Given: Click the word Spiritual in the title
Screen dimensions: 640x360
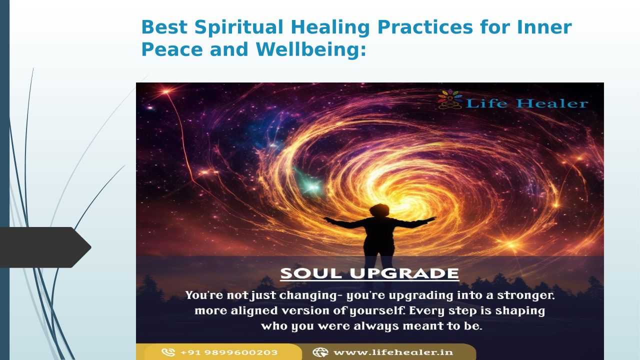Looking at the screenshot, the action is coord(239,27).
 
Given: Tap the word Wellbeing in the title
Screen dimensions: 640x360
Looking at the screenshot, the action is coord(311,49).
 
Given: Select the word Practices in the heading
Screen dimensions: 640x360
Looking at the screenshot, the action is coord(425,27).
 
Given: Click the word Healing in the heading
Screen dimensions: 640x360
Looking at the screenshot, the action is coord(330,27).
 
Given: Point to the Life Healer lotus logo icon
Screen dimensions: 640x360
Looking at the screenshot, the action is coord(450,99).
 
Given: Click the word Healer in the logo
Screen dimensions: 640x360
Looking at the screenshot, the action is coord(552,103).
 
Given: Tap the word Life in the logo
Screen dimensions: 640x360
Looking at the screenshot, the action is coord(486,103).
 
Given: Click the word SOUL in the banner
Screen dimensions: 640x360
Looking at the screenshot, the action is coord(311,273).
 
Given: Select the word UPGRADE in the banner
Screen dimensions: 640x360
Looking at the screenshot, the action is coord(404,273).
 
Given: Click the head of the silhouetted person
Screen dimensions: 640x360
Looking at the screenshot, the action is coord(379,210).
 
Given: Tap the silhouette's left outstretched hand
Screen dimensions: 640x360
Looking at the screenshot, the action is coord(327,219).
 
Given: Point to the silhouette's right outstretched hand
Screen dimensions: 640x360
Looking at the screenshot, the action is coord(431,219).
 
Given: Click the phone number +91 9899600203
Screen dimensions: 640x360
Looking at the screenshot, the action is coord(229,352).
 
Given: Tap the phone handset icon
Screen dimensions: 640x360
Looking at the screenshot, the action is coord(168,352).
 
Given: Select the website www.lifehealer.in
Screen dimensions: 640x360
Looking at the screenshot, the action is coord(393,352).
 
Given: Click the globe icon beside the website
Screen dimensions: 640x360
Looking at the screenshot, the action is coord(320,352).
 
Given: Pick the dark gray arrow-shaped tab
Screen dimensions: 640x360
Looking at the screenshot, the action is coord(45,247).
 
